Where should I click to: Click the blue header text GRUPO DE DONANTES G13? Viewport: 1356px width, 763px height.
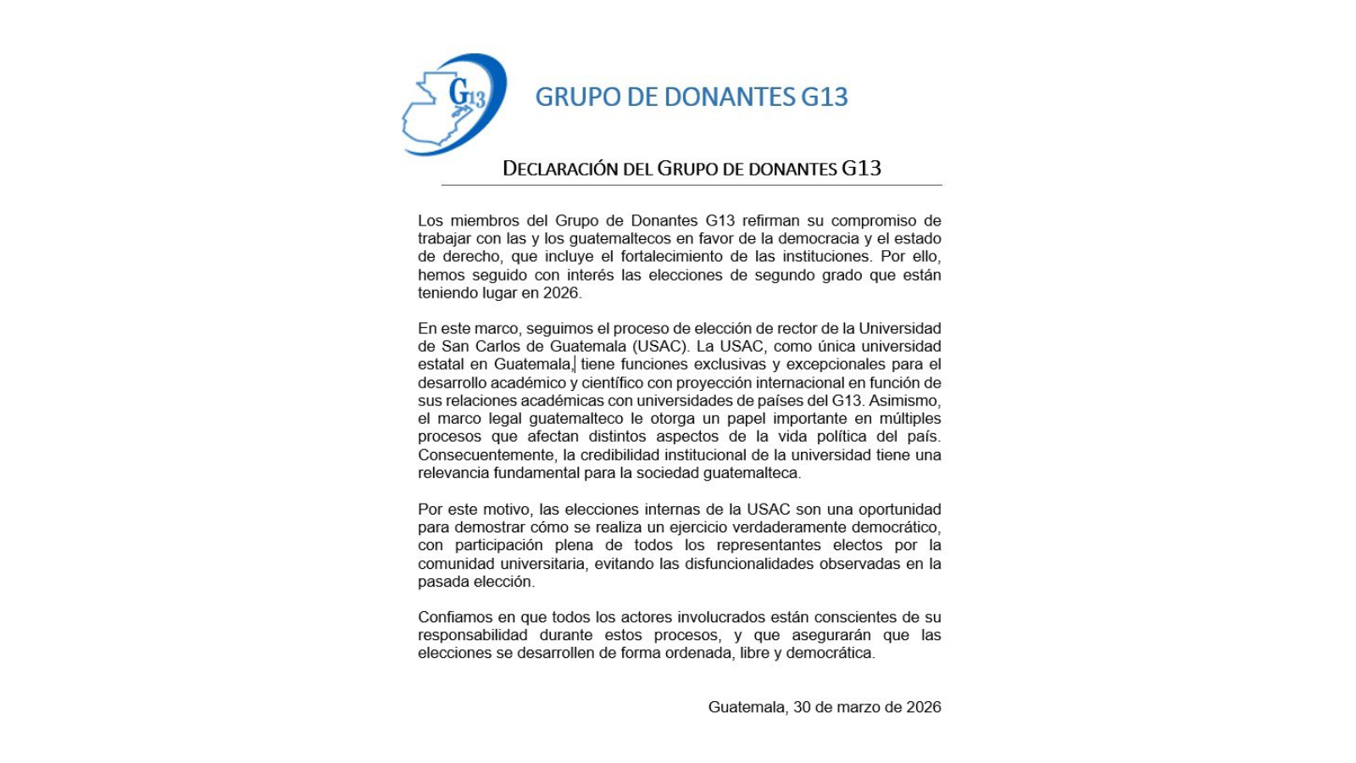(691, 97)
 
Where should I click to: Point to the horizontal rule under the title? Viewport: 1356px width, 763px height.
(691, 185)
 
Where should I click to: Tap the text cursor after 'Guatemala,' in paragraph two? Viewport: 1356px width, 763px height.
(575, 365)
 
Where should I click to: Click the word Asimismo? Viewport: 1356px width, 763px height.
(904, 401)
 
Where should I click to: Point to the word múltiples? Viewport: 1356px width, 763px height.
(909, 419)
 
